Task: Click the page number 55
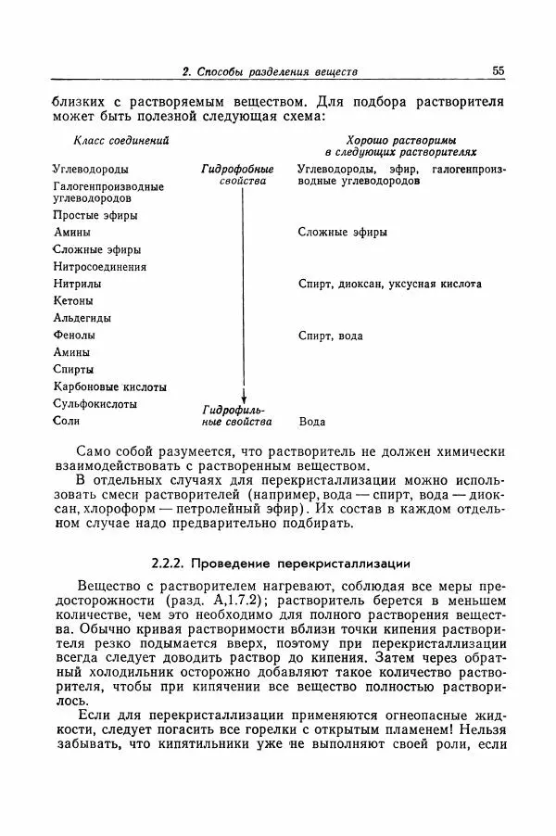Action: (497, 70)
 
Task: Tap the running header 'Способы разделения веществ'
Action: (277, 71)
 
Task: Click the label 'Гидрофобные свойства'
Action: (237, 176)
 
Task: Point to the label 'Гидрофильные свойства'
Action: (237, 415)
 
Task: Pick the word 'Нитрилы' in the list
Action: (77, 284)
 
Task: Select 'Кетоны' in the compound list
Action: (73, 301)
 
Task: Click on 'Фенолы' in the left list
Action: (74, 336)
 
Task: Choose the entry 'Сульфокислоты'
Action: (95, 404)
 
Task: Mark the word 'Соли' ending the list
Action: (67, 421)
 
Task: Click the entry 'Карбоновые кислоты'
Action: (110, 386)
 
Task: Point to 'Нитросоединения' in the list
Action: (99, 267)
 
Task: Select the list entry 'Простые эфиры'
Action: (95, 215)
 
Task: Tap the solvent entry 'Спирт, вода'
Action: (330, 336)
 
